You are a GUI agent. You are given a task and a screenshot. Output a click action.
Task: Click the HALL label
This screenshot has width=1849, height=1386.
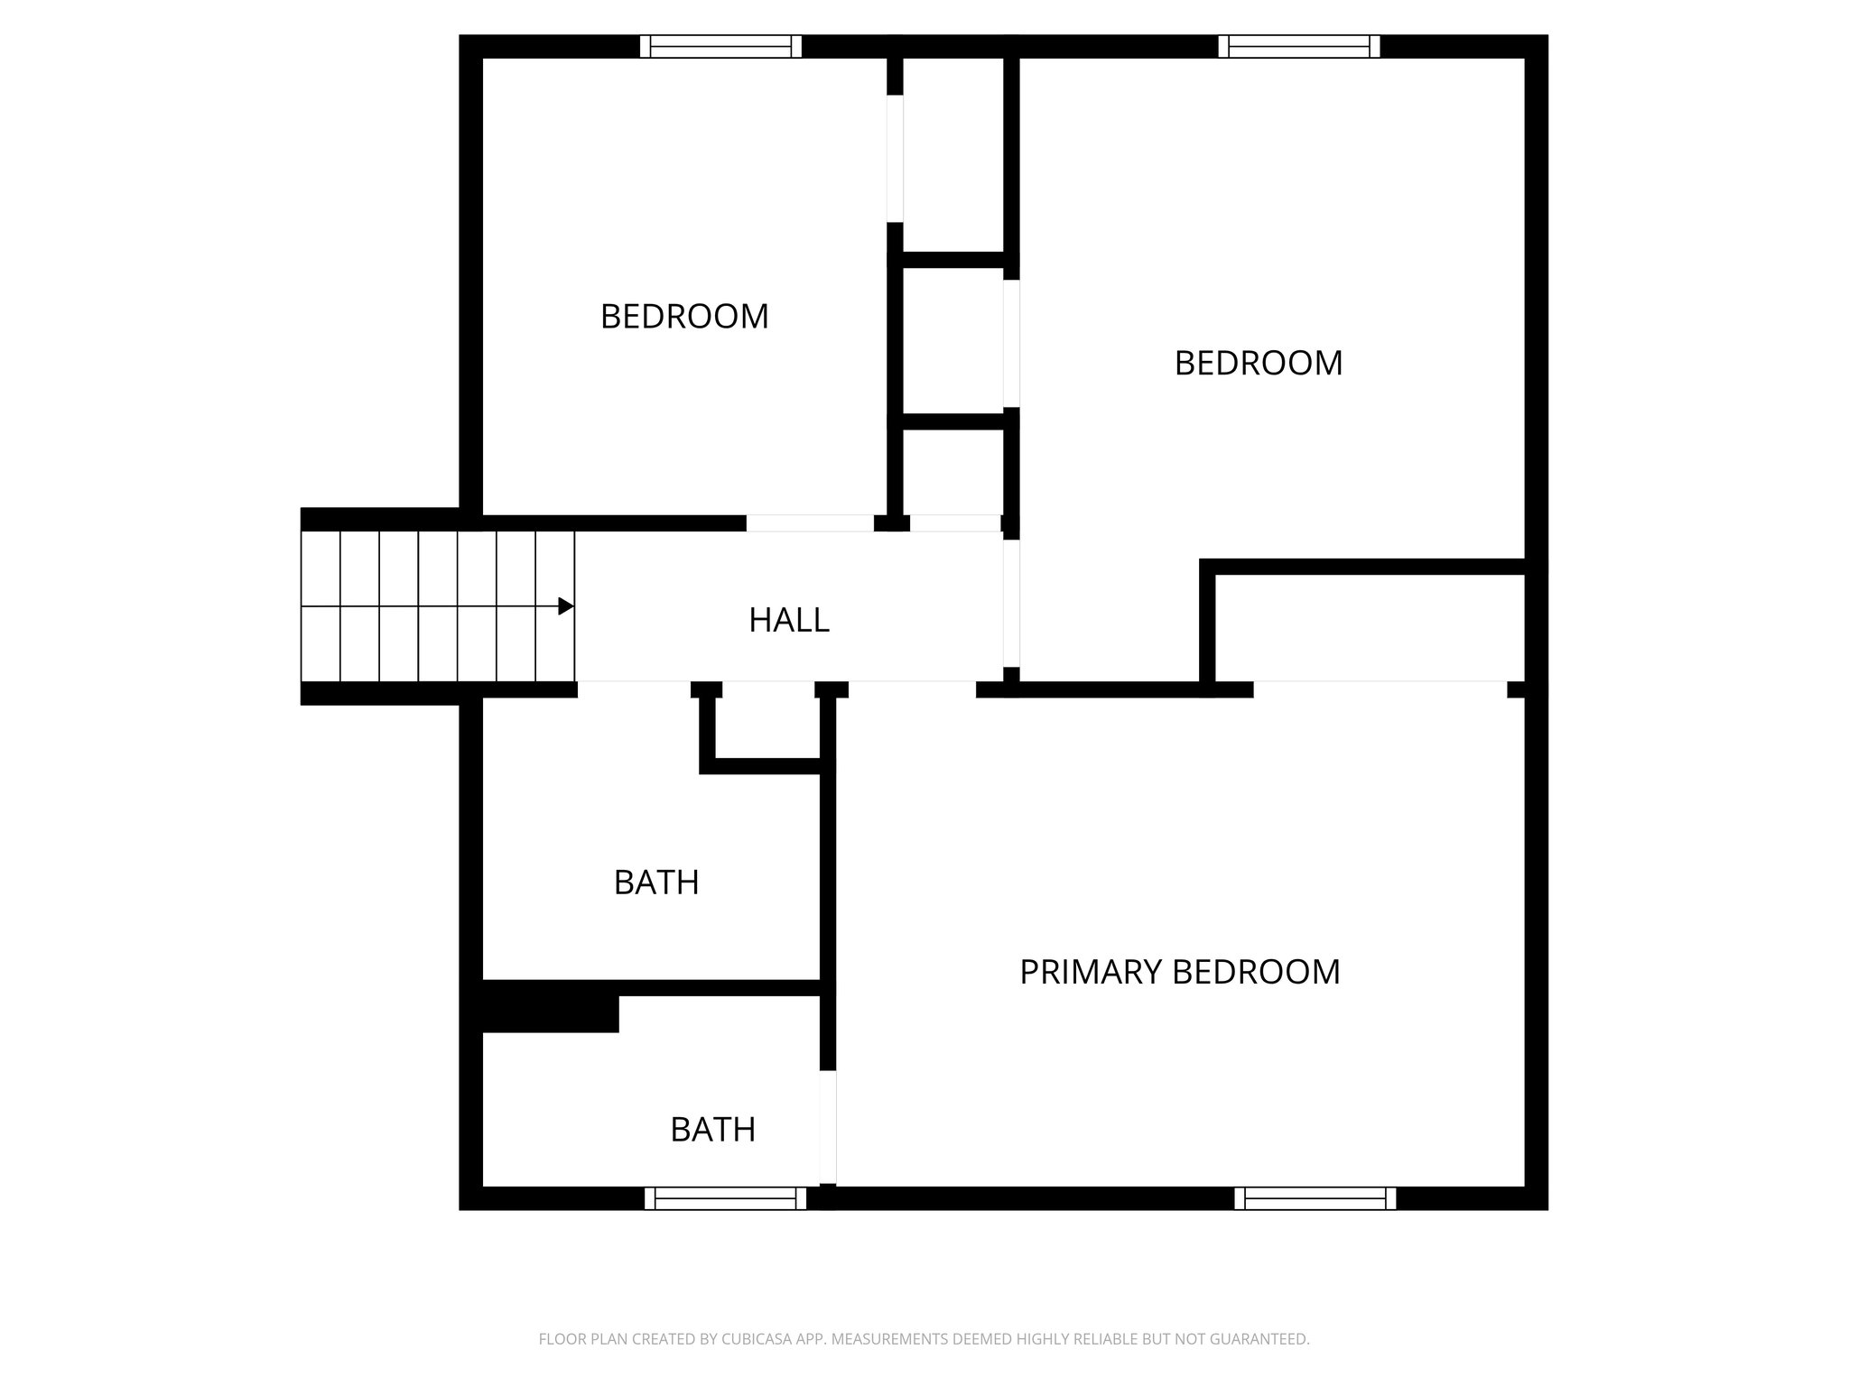(789, 621)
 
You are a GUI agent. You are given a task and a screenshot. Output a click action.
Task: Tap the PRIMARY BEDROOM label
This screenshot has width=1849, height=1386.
(1179, 973)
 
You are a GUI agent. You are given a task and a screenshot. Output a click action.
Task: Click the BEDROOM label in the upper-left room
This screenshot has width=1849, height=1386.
(684, 317)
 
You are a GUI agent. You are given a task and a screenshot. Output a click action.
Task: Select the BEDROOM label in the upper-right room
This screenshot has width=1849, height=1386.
(1259, 364)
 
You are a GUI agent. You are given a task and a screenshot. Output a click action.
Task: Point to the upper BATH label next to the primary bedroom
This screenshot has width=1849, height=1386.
(656, 882)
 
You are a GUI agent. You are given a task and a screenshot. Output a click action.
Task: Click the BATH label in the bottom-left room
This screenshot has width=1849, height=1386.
(712, 1130)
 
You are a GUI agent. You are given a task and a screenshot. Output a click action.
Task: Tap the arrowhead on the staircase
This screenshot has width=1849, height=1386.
(566, 606)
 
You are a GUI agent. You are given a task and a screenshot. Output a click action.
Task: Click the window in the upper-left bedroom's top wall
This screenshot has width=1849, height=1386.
(720, 47)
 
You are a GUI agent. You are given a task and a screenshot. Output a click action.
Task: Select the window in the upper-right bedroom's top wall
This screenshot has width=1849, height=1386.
(1299, 47)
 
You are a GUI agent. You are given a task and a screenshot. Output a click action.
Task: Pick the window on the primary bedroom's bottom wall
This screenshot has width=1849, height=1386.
(1315, 1198)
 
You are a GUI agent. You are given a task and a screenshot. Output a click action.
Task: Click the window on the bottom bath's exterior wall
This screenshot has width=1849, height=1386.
(725, 1198)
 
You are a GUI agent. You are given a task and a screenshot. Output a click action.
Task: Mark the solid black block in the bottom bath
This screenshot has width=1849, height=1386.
(550, 1013)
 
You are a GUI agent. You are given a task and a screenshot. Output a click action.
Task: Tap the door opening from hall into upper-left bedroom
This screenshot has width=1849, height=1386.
(809, 523)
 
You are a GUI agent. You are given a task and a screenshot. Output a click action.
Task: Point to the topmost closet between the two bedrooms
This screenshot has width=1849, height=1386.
(953, 155)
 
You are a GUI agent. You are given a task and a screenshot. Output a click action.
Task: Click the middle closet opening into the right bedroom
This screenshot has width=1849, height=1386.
(953, 341)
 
